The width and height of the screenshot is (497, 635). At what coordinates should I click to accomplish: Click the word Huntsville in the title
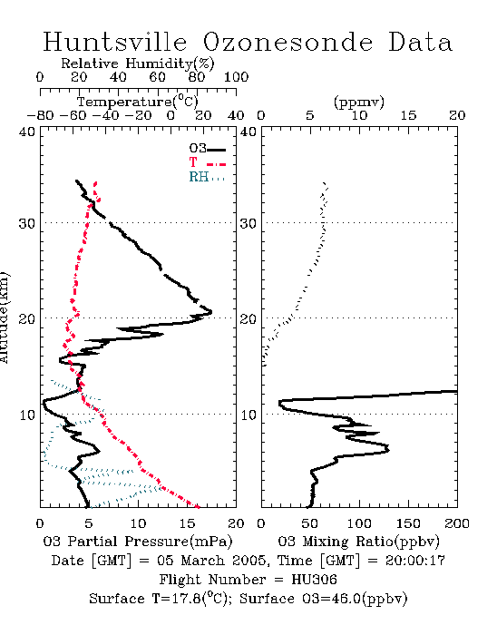click(x=115, y=42)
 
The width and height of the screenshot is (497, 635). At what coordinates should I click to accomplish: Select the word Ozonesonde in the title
click(x=287, y=42)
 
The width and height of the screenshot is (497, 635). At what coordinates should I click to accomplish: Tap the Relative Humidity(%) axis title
click(x=138, y=63)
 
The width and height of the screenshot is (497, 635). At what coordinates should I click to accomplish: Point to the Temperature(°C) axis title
click(x=138, y=102)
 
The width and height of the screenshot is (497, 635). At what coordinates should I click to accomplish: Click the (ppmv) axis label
click(x=359, y=103)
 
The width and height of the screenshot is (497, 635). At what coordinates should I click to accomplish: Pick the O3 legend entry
click(x=207, y=149)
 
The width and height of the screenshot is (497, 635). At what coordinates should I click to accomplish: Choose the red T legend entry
click(x=207, y=162)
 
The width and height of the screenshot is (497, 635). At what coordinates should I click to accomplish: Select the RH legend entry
click(x=207, y=177)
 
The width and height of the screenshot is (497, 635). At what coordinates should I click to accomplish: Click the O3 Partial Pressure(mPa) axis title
click(x=138, y=542)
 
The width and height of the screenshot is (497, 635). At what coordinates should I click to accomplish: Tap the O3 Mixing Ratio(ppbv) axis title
click(x=358, y=542)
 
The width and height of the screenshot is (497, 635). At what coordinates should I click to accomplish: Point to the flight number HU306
click(x=314, y=580)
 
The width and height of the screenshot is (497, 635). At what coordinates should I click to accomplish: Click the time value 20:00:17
click(x=414, y=561)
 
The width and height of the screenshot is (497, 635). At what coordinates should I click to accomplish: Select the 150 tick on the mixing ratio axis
click(x=408, y=523)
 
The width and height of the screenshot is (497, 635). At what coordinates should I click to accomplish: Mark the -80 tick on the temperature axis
click(x=40, y=116)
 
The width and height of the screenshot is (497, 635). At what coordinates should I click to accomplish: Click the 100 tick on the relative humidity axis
click(x=236, y=77)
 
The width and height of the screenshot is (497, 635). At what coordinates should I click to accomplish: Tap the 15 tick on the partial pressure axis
click(x=187, y=523)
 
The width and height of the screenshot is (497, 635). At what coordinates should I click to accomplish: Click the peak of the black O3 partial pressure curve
click(x=210, y=312)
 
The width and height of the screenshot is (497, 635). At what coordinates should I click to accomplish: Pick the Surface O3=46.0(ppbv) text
click(x=323, y=599)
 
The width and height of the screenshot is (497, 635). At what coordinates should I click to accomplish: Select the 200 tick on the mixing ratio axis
click(x=457, y=523)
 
